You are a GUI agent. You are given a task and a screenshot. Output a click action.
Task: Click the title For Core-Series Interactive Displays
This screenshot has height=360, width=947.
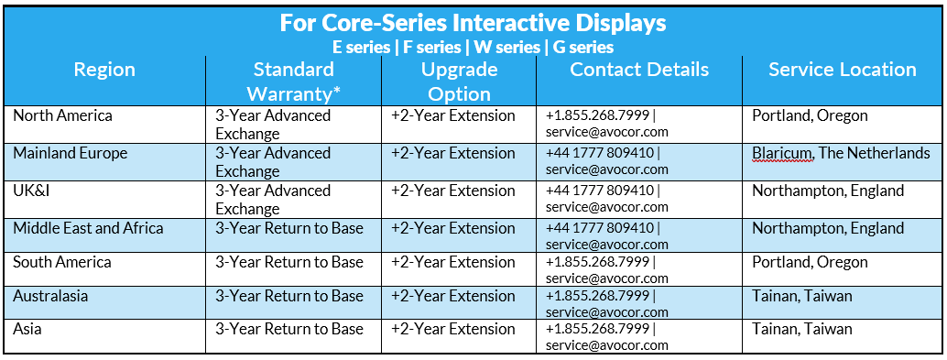point(473,23)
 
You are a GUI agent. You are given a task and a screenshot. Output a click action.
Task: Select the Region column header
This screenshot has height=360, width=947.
point(104,70)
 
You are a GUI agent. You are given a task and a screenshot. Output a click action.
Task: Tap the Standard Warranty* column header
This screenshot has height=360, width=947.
point(293,82)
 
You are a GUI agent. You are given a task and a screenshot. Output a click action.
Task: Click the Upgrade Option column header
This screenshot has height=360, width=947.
point(459,82)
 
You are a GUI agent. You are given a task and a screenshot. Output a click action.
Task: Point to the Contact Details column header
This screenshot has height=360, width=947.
point(639,69)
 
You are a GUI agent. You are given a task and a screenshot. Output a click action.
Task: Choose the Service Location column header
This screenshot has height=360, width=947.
point(843,69)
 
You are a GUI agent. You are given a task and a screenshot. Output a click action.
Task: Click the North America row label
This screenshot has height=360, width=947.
point(63,115)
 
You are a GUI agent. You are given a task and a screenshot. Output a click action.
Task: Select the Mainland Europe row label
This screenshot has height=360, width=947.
point(70,153)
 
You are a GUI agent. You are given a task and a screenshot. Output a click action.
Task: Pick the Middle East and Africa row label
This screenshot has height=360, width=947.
point(88,228)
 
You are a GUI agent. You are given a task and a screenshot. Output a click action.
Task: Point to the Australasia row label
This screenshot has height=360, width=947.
point(50,296)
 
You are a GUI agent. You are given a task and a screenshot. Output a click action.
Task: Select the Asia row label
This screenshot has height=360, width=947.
point(27,329)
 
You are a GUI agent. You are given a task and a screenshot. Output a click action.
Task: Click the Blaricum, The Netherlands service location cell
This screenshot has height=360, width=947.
point(842,153)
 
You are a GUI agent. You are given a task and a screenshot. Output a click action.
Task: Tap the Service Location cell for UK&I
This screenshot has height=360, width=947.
point(828,191)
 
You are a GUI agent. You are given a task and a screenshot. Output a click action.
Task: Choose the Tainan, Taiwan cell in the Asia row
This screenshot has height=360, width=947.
point(802,329)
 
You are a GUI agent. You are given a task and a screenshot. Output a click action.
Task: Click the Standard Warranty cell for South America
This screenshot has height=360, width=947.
point(289,262)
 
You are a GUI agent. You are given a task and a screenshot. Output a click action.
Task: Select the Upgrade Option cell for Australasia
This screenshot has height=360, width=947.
point(453,296)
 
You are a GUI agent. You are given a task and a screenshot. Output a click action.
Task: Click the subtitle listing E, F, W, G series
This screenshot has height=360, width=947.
point(473,47)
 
